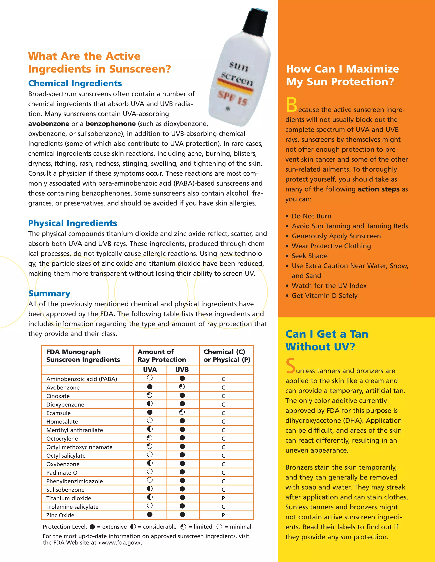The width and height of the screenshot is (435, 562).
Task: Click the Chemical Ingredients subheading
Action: [75, 83]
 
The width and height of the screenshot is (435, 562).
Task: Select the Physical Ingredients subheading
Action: [72, 223]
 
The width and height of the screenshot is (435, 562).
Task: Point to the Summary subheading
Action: [49, 293]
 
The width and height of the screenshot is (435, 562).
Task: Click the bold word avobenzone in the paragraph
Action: [49, 124]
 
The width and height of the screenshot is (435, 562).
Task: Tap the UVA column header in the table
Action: [150, 369]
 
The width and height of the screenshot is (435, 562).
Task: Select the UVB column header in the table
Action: [182, 369]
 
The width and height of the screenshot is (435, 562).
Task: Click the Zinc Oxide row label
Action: [60, 515]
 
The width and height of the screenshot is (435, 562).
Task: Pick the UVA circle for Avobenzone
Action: [150, 387]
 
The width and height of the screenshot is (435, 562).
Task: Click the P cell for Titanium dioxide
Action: [223, 498]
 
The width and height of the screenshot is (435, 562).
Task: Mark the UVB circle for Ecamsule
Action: [182, 412]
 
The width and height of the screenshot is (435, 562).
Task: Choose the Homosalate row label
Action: [62, 422]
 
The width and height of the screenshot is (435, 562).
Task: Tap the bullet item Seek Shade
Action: [309, 256]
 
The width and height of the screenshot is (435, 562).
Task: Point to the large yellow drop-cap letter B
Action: [291, 105]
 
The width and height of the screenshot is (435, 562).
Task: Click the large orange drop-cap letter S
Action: [290, 366]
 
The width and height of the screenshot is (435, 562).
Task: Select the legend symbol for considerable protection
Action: [133, 527]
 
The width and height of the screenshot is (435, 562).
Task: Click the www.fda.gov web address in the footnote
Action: [120, 543]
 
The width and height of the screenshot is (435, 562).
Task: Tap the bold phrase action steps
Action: [378, 189]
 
